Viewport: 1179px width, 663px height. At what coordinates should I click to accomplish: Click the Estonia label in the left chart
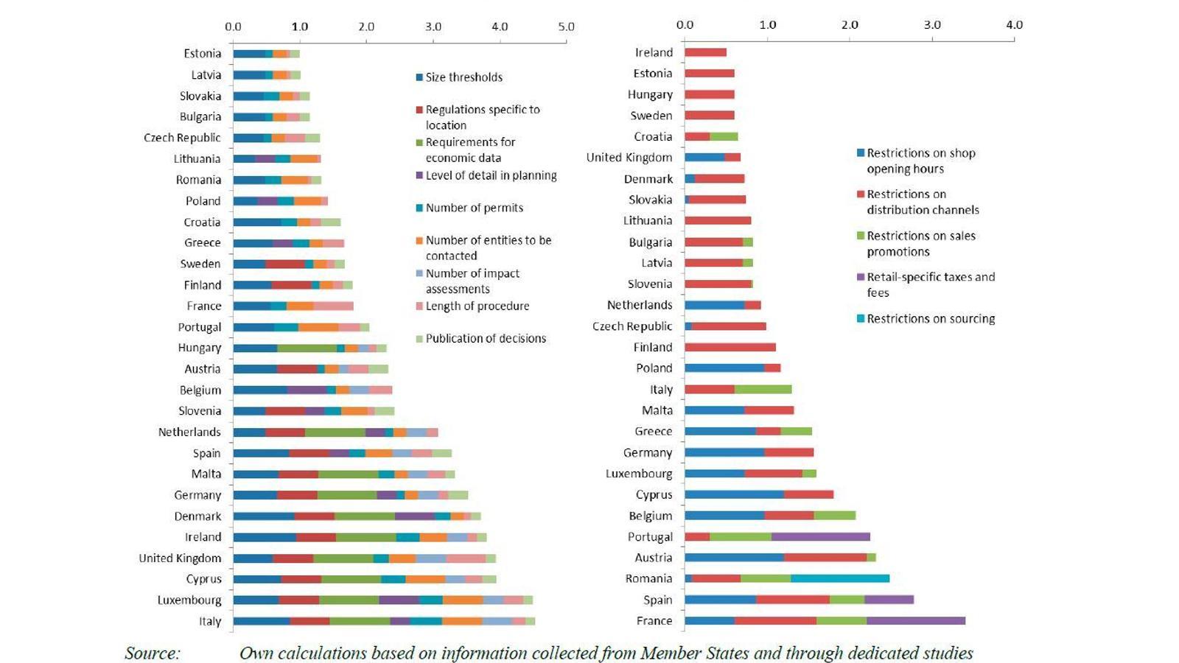coord(202,54)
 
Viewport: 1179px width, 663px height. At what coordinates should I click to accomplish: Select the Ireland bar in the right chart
coord(705,52)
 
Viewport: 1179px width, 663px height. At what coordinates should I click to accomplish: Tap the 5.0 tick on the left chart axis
coord(566,27)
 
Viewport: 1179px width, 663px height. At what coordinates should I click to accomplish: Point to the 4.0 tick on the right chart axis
coord(1014,25)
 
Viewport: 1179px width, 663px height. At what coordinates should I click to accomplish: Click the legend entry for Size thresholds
coord(463,77)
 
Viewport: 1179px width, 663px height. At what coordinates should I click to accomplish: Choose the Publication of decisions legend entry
coord(486,339)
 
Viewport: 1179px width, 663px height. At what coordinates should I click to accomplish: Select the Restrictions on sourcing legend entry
coord(930,319)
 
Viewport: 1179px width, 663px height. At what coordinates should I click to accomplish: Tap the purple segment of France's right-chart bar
coord(915,621)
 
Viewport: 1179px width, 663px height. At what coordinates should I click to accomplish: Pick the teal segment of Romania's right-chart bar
coord(840,579)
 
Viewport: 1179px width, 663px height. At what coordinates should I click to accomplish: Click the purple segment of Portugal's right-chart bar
coord(820,537)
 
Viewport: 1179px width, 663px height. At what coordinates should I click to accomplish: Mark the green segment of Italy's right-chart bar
coord(763,390)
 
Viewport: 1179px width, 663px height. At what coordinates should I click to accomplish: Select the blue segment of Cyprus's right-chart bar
coord(734,495)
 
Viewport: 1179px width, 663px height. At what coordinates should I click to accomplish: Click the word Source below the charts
coord(152,653)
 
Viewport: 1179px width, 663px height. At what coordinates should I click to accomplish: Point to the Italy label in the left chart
coord(210,622)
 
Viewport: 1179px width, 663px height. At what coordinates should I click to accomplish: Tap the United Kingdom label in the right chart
coord(629,158)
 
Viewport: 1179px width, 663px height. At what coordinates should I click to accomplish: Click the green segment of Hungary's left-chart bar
coord(307,348)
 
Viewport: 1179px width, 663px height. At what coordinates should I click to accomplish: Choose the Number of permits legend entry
coord(474,208)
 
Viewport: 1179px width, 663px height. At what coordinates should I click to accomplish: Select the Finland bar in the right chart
coord(730,347)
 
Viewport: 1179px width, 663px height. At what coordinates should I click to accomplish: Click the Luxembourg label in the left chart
coord(189,600)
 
